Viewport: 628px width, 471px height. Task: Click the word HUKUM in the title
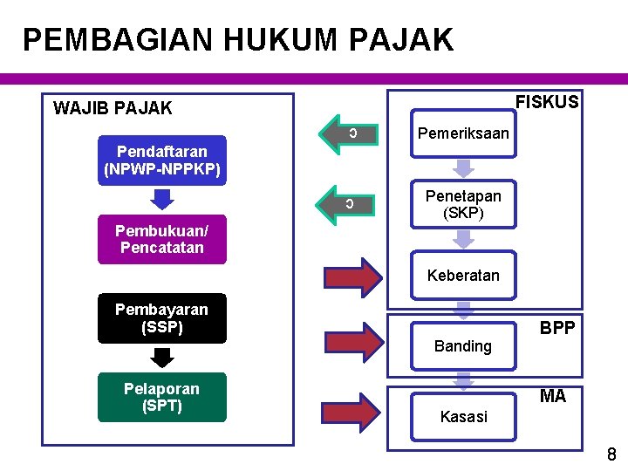[x=256, y=40]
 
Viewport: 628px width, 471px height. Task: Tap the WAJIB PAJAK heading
[x=113, y=109]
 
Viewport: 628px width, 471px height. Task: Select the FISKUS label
[x=547, y=102]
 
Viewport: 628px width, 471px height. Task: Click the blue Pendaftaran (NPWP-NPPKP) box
[x=161, y=160]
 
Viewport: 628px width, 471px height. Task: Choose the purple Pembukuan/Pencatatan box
[x=161, y=239]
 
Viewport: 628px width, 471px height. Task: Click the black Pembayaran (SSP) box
[x=161, y=318]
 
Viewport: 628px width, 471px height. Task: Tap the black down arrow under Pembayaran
[x=162, y=357]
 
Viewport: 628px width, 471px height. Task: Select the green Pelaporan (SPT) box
[x=161, y=397]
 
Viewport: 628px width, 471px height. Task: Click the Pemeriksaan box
[x=463, y=133]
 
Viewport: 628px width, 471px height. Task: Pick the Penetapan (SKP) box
[x=463, y=205]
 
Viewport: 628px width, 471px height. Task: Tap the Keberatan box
[x=463, y=276]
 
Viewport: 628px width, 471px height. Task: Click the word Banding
[x=463, y=346]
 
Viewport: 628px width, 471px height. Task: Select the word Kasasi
[x=463, y=417]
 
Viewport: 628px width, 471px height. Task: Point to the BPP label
[x=556, y=327]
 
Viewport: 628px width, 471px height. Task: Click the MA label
[x=553, y=397]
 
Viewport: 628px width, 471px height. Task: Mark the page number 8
[x=611, y=454]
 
